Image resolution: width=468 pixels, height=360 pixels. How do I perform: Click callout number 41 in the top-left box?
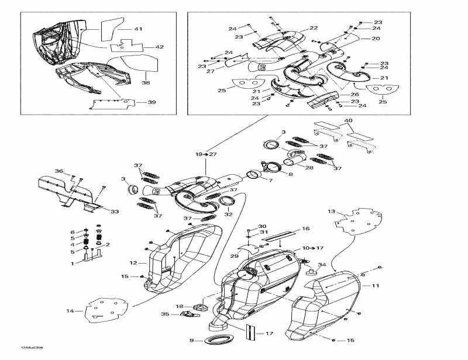pos(138,29)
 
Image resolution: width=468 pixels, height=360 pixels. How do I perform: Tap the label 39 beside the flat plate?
pos(152,102)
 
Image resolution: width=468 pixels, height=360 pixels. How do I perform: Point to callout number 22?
pos(314,28)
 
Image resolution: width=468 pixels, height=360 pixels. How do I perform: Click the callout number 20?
pos(376,39)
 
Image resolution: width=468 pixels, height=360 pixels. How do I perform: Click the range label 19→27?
pos(206,155)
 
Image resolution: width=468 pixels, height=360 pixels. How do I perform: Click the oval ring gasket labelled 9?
pos(220,341)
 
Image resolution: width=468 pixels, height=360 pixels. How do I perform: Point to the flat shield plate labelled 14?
pos(106,310)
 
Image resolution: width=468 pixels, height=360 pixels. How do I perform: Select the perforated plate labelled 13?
pos(356,222)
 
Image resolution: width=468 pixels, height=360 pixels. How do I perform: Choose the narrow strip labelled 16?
pos(279,238)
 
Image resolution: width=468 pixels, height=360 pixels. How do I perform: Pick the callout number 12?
pos(133,264)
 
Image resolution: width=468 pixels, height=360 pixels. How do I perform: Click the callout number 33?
pos(115,212)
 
